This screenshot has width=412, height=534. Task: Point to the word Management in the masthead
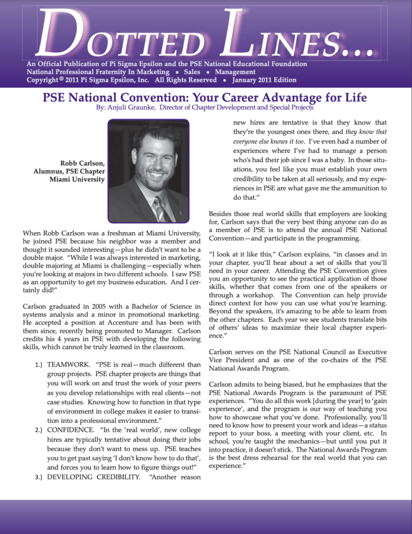(235, 72)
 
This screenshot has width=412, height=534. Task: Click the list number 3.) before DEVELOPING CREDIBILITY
(36, 477)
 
